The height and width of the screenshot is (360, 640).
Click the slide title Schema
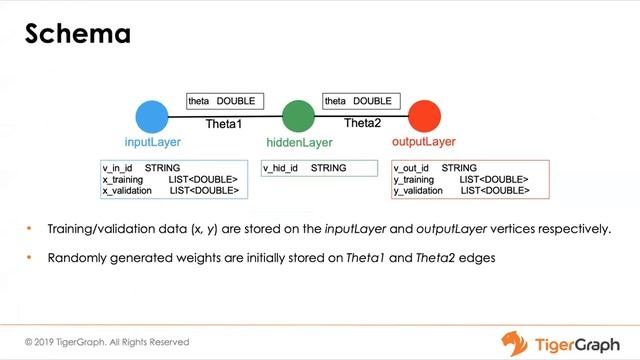pyautogui.click(x=78, y=34)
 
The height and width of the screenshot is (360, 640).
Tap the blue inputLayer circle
pyautogui.click(x=152, y=117)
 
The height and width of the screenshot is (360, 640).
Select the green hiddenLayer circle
pyautogui.click(x=298, y=116)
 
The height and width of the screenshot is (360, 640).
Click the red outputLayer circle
pyautogui.click(x=424, y=116)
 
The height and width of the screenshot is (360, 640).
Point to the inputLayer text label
pyautogui.click(x=152, y=142)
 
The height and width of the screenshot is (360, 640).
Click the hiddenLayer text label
pyautogui.click(x=299, y=143)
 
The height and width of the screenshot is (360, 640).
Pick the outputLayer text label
pyautogui.click(x=426, y=142)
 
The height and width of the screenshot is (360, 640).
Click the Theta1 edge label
pyautogui.click(x=224, y=124)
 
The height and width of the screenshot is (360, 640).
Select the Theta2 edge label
pyautogui.click(x=362, y=123)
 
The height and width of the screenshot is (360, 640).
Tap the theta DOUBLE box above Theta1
pyautogui.click(x=225, y=101)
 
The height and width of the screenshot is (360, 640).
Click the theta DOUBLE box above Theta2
pyautogui.click(x=361, y=101)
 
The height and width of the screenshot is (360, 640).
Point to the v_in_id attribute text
pyautogui.click(x=120, y=168)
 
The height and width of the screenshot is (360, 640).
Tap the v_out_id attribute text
pyautogui.click(x=414, y=168)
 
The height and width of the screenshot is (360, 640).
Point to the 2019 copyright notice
pyautogui.click(x=107, y=342)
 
